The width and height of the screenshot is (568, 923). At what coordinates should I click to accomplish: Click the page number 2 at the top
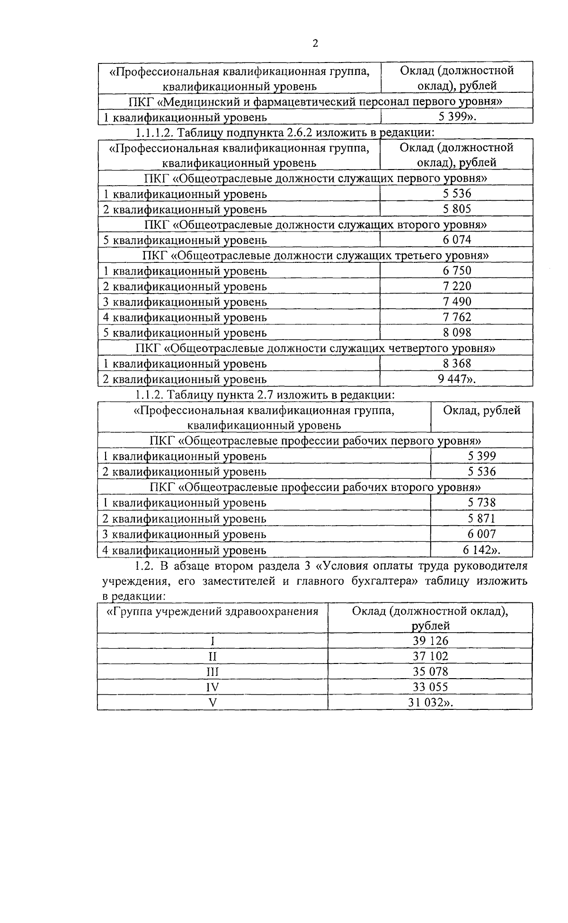tap(315, 44)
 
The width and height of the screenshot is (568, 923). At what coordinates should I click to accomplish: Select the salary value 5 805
tap(457, 209)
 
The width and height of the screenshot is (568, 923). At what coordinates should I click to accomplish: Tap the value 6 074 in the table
tap(457, 240)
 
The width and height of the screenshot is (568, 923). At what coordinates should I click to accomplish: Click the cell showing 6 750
tap(457, 270)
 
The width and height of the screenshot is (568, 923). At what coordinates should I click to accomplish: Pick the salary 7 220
tap(457, 286)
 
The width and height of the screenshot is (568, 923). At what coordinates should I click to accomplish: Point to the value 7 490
tap(457, 302)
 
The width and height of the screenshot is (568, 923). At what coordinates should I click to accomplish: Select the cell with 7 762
tap(457, 317)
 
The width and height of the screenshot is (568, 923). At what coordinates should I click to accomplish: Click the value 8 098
tap(457, 332)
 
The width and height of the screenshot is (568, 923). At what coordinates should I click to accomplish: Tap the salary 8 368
tap(457, 364)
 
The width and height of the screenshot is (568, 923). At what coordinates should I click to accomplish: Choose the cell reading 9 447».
tap(457, 379)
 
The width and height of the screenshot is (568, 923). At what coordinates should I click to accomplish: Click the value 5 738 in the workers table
tap(481, 502)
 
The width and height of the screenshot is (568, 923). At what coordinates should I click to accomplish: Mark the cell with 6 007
tap(481, 534)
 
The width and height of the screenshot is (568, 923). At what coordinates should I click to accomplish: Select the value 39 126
tap(430, 641)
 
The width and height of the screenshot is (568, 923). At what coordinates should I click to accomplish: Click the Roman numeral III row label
tap(213, 672)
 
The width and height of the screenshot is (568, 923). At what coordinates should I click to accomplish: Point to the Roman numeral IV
tap(213, 687)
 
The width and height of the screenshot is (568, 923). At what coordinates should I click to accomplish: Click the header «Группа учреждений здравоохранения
tap(213, 611)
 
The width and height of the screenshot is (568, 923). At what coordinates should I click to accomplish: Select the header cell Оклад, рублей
tap(481, 411)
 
